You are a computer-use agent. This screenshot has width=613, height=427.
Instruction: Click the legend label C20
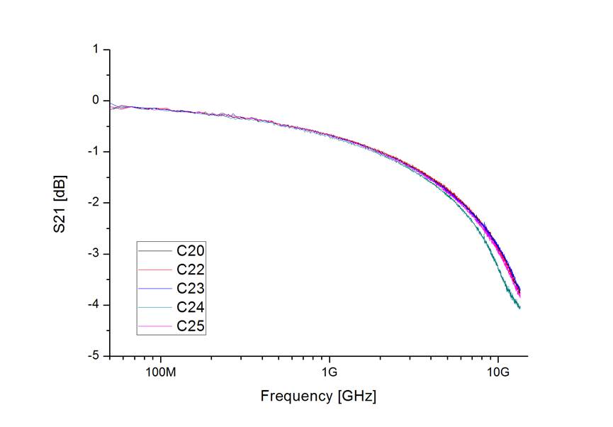(x=191, y=250)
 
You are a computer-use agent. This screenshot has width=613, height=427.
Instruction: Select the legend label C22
(x=191, y=270)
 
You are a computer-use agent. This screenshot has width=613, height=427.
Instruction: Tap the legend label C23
(x=191, y=289)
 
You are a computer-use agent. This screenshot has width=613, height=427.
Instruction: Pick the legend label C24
(x=191, y=308)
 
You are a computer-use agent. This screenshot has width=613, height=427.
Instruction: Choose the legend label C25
(x=191, y=327)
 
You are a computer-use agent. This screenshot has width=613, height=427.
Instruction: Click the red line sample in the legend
(x=155, y=270)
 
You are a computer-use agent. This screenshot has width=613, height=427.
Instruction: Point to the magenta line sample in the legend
(x=155, y=328)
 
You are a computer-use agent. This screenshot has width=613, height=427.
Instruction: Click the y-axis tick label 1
(x=95, y=50)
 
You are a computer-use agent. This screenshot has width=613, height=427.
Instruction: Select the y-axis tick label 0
(x=95, y=101)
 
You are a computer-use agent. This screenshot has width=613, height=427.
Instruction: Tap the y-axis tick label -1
(x=93, y=152)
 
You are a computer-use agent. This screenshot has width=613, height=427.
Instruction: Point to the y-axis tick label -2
(x=93, y=203)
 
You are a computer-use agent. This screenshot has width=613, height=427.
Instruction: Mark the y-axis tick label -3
(x=93, y=254)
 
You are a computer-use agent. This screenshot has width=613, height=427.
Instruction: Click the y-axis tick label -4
(x=93, y=305)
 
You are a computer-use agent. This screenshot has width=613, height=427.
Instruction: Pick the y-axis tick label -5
(x=93, y=356)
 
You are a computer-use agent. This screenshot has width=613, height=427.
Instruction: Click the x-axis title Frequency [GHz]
(x=318, y=396)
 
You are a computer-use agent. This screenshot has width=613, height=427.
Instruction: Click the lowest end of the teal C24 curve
(x=519, y=308)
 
